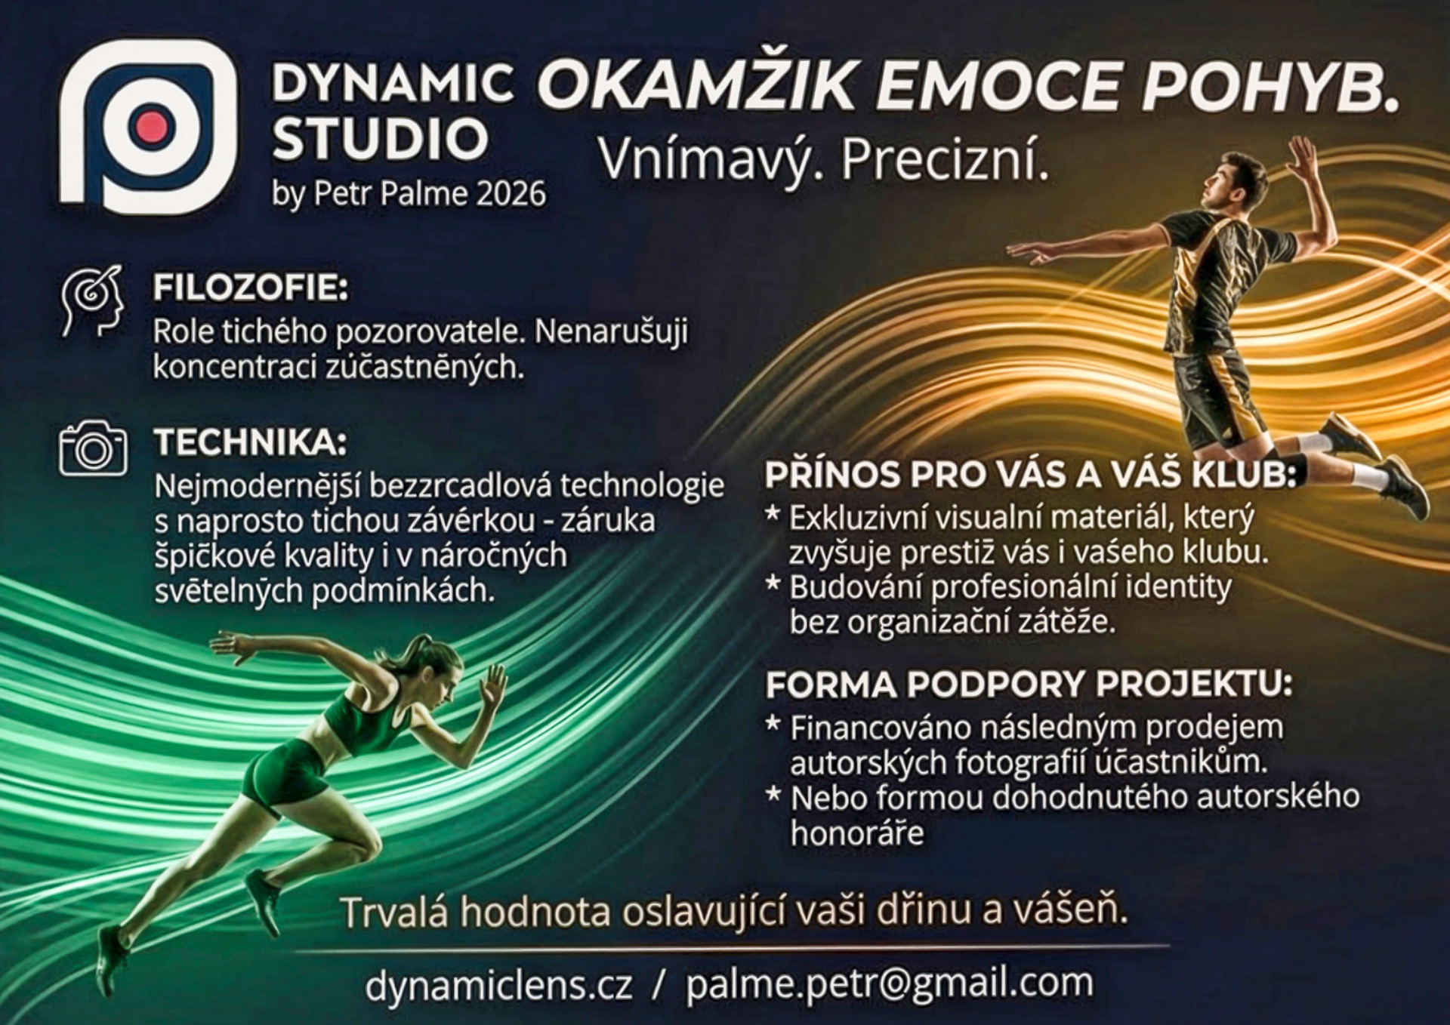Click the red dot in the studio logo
(x=152, y=128)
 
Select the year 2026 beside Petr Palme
(x=511, y=194)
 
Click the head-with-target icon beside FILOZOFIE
(x=92, y=301)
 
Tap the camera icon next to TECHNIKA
(x=93, y=448)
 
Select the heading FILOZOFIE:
(x=251, y=288)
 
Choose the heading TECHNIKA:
(x=251, y=442)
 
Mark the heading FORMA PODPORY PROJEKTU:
(x=1029, y=684)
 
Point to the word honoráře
(x=857, y=833)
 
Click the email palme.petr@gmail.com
(x=890, y=984)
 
